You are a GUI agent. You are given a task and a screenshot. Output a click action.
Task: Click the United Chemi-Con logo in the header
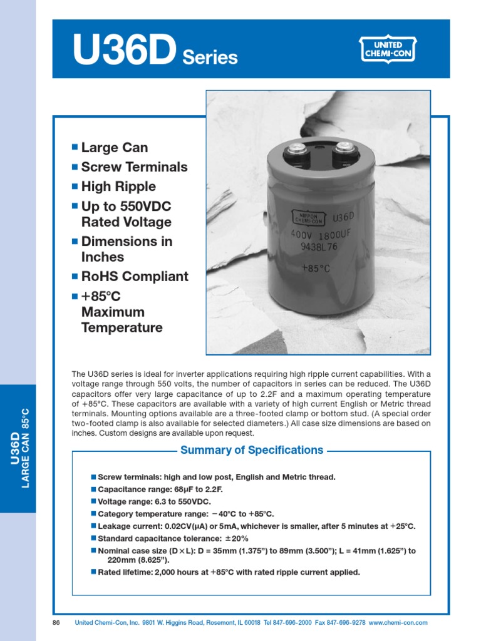coord(389,49)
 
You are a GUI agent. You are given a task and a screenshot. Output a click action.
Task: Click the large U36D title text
coord(124,49)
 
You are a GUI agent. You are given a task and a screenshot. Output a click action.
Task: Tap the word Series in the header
coord(210,58)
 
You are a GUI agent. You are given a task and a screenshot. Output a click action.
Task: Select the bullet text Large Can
coord(115,148)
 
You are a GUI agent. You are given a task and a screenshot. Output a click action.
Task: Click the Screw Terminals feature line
coord(134,167)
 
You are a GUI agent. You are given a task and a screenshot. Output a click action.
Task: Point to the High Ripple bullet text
coord(118,187)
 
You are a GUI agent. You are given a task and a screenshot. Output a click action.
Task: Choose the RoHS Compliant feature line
coord(135,277)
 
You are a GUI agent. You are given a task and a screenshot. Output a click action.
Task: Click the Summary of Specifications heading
coord(252,450)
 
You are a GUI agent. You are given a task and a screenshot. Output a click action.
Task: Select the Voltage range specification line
coord(155,502)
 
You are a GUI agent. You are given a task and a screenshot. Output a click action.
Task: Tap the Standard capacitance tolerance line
coord(173,538)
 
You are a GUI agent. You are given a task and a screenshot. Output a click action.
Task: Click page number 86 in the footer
coord(56,623)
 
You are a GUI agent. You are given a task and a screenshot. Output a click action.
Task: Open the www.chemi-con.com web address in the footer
coord(398,623)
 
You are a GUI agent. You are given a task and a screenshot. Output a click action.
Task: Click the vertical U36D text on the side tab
coord(14,448)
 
